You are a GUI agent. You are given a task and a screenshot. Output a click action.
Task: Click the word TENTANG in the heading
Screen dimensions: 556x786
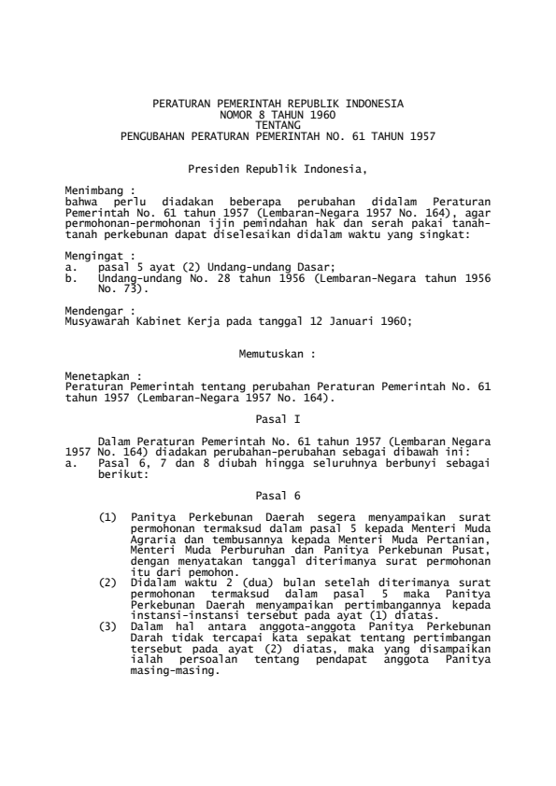[x=278, y=125]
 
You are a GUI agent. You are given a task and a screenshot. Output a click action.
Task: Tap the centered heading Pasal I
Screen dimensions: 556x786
[x=278, y=420]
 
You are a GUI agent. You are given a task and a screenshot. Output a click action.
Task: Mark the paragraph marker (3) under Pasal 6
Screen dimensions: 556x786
[x=107, y=601]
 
